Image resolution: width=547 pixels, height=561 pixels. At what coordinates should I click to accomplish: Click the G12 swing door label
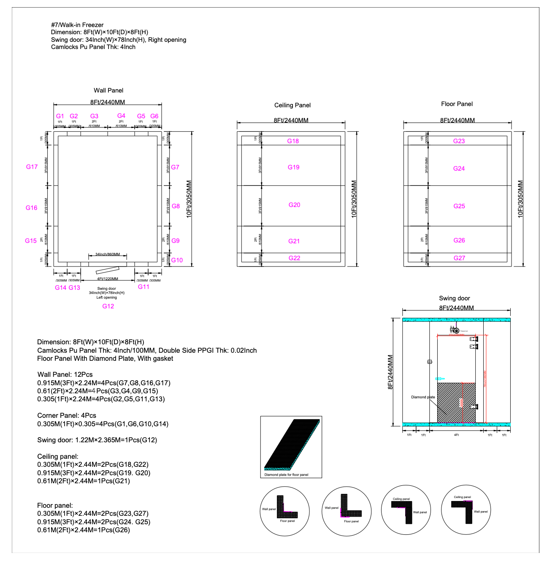tap(108, 306)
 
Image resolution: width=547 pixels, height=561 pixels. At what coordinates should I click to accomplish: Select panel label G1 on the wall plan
tap(60, 116)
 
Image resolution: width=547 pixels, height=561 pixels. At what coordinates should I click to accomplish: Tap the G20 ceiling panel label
tap(294, 205)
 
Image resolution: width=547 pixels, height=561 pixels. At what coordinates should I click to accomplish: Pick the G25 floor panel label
tap(459, 206)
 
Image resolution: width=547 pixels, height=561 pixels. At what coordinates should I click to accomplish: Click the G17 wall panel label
tap(32, 167)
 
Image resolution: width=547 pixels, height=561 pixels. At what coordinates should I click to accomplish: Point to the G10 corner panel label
tap(177, 260)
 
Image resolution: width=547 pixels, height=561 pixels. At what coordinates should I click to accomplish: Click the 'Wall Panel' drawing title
tap(108, 90)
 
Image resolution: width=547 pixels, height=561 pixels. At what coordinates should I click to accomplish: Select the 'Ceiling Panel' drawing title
tap(292, 105)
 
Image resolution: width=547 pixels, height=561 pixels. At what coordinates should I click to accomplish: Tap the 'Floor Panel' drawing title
tap(457, 104)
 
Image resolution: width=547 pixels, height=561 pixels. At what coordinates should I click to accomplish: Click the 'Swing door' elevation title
tap(454, 298)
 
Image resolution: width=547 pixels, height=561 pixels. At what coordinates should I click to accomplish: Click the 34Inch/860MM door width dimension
tap(108, 254)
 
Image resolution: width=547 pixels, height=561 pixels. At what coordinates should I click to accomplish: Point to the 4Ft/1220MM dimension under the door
tap(108, 279)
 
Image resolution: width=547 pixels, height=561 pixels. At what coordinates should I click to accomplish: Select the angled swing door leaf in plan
tap(108, 270)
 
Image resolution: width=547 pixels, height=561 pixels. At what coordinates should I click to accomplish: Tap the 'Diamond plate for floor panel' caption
tap(286, 475)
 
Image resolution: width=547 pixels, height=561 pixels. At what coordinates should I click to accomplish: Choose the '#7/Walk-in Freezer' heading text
tap(77, 25)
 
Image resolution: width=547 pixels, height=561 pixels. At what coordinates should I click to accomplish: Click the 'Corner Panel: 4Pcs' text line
tap(67, 416)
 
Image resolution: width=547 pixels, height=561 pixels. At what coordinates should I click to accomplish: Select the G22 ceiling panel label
tap(294, 258)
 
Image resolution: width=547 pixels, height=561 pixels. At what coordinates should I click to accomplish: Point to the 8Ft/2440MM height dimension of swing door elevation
tap(390, 372)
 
